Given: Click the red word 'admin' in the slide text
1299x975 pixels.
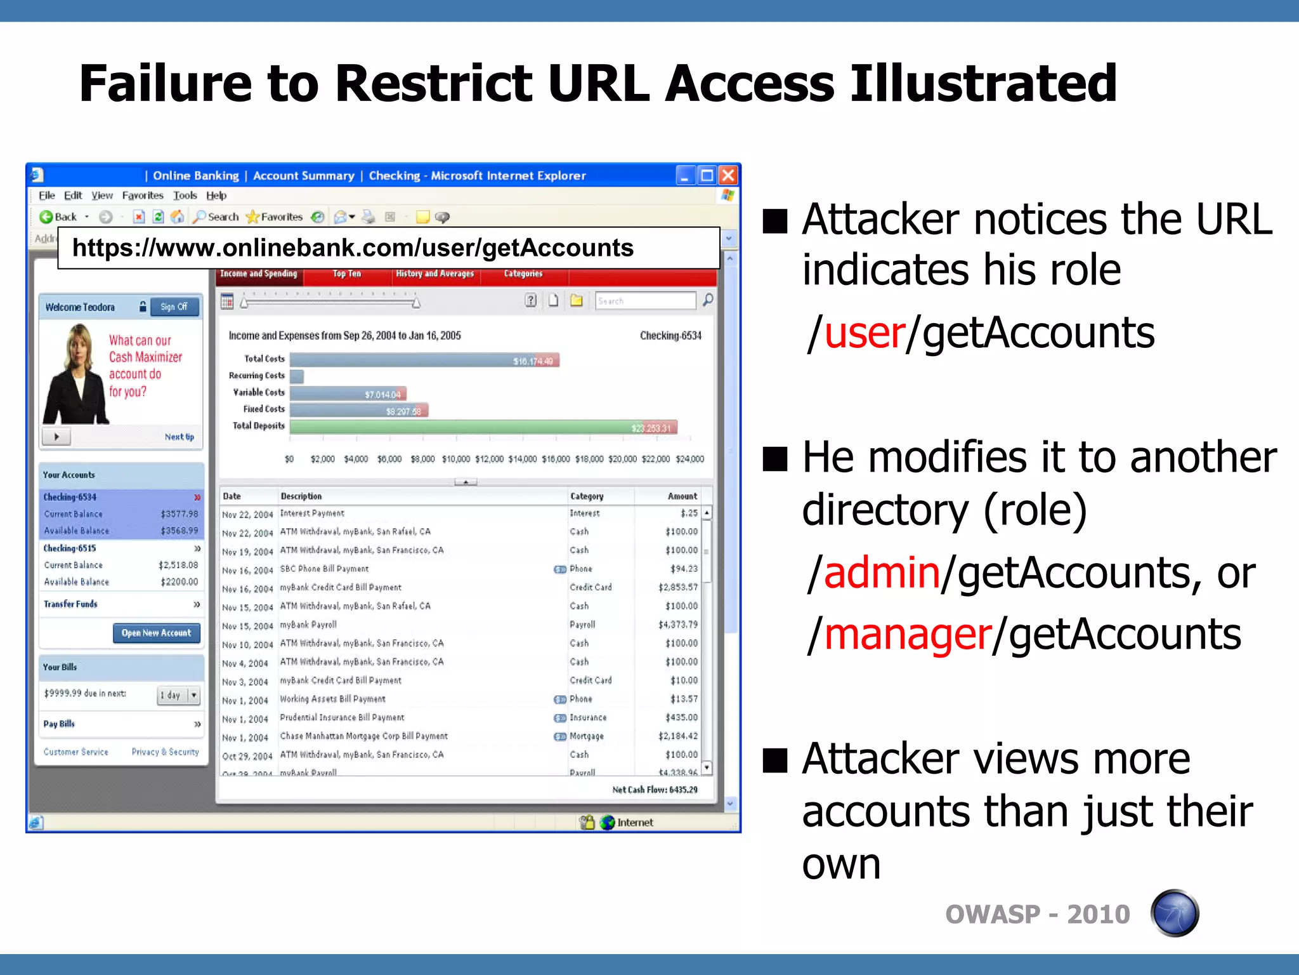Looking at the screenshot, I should coord(882,573).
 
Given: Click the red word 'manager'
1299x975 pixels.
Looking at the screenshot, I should coord(908,635).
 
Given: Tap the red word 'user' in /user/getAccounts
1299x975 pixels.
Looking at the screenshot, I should coord(865,333).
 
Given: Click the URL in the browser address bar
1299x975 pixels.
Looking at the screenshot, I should coord(353,248).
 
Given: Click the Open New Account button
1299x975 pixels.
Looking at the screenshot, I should coord(156,633).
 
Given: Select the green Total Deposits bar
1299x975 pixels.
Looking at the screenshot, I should coord(482,427).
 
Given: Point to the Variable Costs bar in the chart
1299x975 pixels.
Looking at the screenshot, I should coord(348,394).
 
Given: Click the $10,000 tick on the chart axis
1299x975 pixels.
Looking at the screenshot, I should coord(456,459).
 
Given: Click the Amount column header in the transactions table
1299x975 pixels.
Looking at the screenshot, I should coord(682,496).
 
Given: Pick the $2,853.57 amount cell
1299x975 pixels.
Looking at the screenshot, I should coord(677,588).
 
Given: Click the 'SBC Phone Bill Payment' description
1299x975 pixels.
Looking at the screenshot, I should coord(324,569).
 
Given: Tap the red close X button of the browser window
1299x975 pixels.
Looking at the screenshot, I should coord(729,175).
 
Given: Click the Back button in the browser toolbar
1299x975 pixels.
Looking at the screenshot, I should coord(58,217).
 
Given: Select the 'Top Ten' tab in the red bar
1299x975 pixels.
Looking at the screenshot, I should coord(346,274).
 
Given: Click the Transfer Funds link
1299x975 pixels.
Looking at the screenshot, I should coord(70,604).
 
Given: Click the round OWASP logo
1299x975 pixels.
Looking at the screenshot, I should coord(1174,913).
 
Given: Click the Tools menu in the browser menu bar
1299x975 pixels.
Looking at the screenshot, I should coord(185,196).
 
